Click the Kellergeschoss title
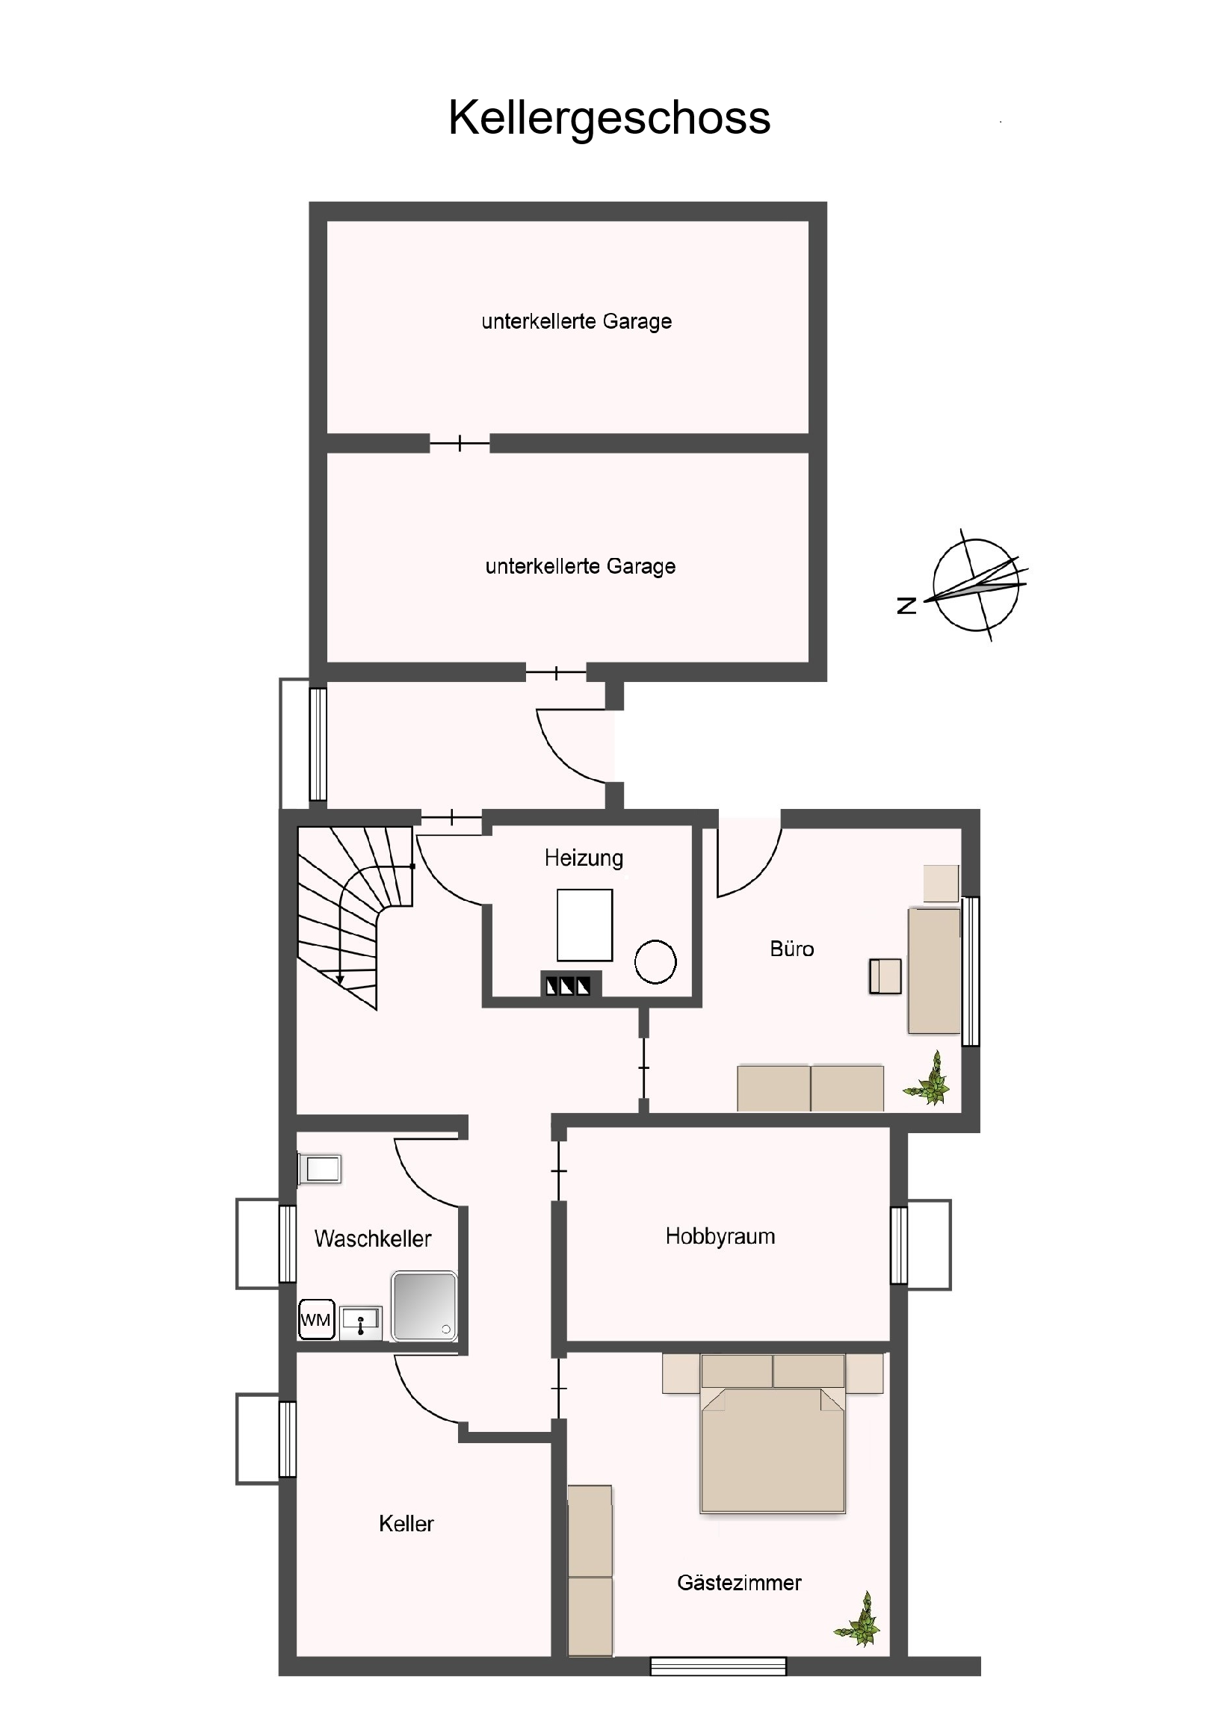coord(609,118)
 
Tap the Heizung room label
coord(583,858)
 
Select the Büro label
coord(791,949)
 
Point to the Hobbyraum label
coord(720,1236)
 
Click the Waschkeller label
coord(373,1238)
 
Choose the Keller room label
coord(406,1524)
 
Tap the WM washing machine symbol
coord(316,1320)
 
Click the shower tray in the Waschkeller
coord(424,1306)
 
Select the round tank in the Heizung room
coord(655,962)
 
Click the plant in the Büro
coord(927,1079)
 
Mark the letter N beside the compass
coord(906,605)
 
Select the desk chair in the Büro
coord(885,976)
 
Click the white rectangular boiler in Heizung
coord(584,925)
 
